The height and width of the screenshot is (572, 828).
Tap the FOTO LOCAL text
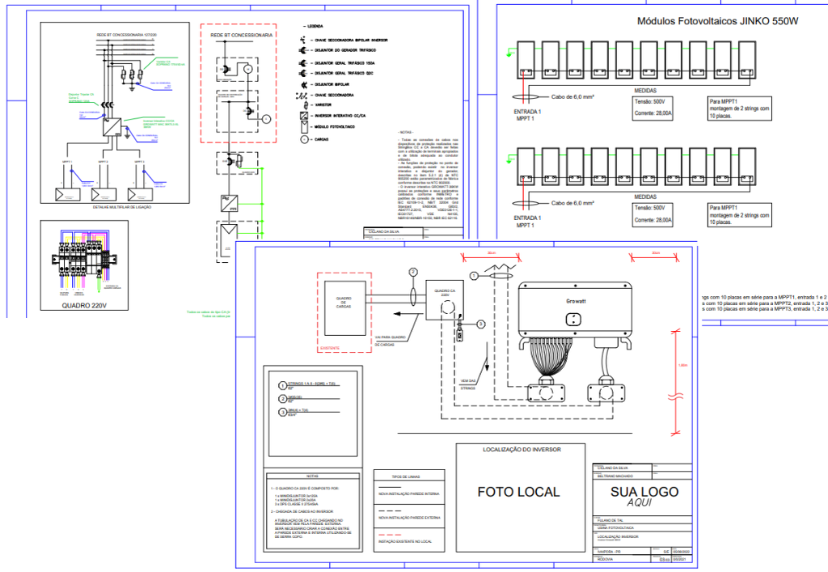tap(518, 491)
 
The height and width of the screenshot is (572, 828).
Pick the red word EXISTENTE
tap(330, 348)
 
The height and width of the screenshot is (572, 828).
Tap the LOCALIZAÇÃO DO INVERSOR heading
tap(522, 449)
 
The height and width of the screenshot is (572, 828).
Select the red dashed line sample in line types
tap(392, 536)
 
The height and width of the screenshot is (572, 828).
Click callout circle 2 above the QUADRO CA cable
tap(413, 272)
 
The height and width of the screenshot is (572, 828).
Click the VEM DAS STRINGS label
tap(468, 383)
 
